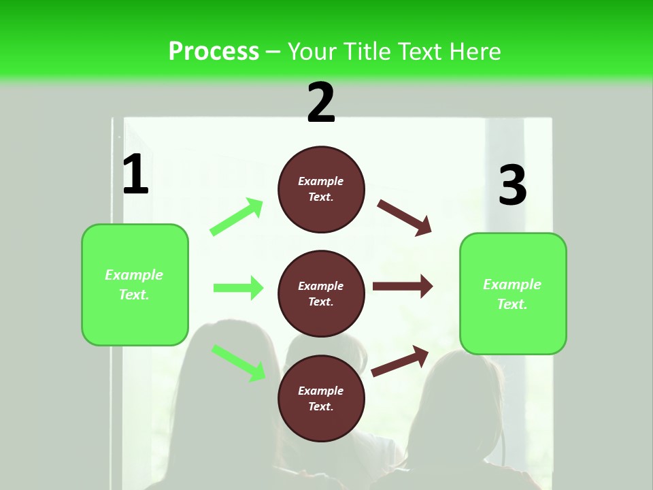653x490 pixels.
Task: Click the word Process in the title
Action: coord(214,52)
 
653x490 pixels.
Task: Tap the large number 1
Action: coord(135,175)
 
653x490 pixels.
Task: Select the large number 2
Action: coord(321,103)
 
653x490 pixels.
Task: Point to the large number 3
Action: coord(512,186)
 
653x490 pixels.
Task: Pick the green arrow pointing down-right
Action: coord(238,363)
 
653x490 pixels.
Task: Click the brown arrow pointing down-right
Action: coord(405,217)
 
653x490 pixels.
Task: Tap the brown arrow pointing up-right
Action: coord(401,361)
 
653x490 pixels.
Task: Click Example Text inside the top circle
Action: coord(321,189)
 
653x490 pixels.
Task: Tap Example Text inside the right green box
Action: coord(512,294)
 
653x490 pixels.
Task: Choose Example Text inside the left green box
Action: coord(134,284)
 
